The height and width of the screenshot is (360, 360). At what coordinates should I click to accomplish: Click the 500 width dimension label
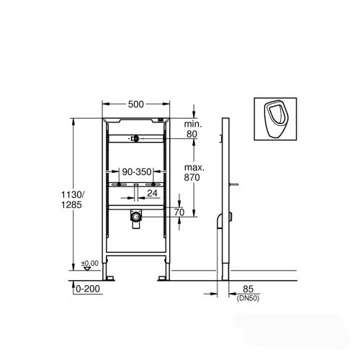(136, 104)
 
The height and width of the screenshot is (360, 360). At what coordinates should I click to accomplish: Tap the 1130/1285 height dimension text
(71, 199)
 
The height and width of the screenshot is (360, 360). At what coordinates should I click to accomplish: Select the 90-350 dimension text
(137, 171)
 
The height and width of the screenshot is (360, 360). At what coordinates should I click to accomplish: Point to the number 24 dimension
(152, 193)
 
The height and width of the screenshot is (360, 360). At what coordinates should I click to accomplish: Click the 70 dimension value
(179, 212)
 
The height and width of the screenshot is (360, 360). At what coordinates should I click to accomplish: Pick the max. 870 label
(194, 173)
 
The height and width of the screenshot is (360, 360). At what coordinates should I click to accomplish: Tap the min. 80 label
(193, 129)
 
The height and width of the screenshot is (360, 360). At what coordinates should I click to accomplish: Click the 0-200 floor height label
(88, 289)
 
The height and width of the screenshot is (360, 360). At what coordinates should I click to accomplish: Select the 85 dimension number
(248, 289)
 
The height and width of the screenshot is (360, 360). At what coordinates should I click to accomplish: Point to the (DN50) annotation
(248, 299)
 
